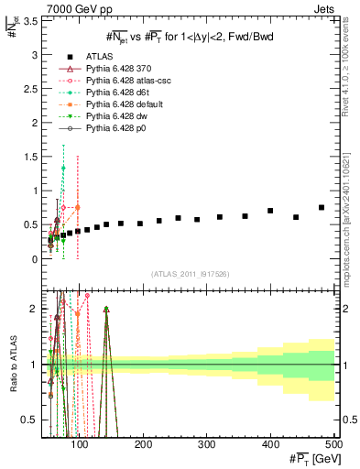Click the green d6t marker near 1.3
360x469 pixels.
coord(63,169)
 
